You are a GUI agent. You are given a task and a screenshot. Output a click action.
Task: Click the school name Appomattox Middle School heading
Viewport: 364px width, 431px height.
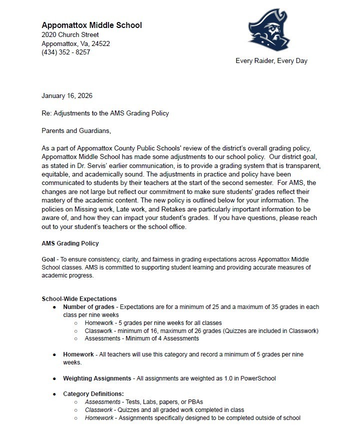point(91,25)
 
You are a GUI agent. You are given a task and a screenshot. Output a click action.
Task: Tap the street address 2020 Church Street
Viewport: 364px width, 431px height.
point(70,34)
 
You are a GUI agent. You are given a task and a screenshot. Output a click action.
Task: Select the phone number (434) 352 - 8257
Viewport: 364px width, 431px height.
point(66,52)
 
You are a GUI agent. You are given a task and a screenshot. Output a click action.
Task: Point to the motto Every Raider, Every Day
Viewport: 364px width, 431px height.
point(271,61)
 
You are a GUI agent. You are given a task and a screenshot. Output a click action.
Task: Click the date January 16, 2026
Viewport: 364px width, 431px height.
point(67,95)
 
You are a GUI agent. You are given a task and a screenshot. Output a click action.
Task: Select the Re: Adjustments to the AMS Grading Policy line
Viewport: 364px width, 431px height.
point(105,113)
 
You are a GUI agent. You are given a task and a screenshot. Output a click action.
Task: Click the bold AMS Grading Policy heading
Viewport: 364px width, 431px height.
point(70,243)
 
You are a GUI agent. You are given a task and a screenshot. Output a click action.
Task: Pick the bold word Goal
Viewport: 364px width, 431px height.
point(48,259)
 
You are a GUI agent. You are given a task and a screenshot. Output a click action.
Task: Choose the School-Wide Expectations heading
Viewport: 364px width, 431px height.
point(79,299)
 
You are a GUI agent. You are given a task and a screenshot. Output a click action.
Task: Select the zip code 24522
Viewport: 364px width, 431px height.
point(100,43)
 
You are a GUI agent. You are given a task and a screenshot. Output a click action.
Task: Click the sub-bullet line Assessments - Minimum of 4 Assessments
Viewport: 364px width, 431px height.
point(141,338)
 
